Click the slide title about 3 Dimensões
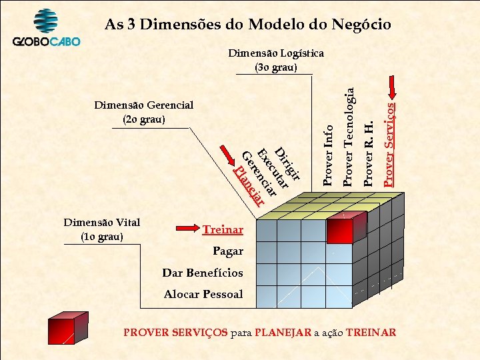[248, 25]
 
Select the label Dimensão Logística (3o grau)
[276, 60]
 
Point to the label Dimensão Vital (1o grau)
[101, 230]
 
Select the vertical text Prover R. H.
[369, 153]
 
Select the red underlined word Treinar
[223, 230]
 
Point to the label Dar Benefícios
[203, 273]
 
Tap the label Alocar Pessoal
[203, 295]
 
